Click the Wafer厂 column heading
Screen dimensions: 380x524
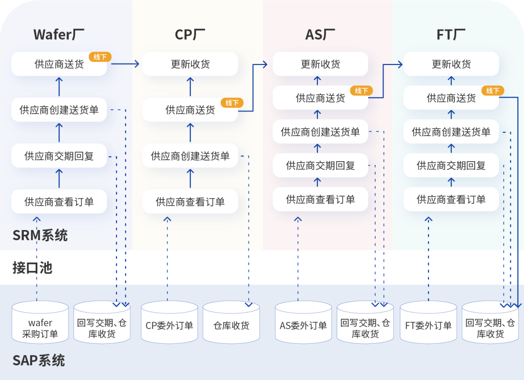point(59,35)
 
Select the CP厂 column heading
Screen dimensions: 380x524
point(190,35)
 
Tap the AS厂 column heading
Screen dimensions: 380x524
point(320,35)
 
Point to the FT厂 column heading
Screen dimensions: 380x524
point(451,35)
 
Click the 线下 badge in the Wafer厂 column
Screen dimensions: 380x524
point(100,57)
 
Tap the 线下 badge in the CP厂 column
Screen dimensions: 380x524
point(231,102)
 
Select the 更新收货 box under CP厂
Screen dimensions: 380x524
point(190,64)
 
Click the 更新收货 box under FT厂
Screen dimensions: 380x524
point(451,64)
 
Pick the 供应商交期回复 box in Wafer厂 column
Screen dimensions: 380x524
point(59,156)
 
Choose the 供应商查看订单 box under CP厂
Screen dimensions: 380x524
point(190,201)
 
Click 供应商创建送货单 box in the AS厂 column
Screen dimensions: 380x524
point(320,132)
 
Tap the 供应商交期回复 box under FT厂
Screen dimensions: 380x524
point(451,165)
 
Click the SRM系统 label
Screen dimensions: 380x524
point(40,235)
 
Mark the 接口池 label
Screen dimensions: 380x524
point(32,267)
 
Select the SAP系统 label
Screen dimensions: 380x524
point(38,361)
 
